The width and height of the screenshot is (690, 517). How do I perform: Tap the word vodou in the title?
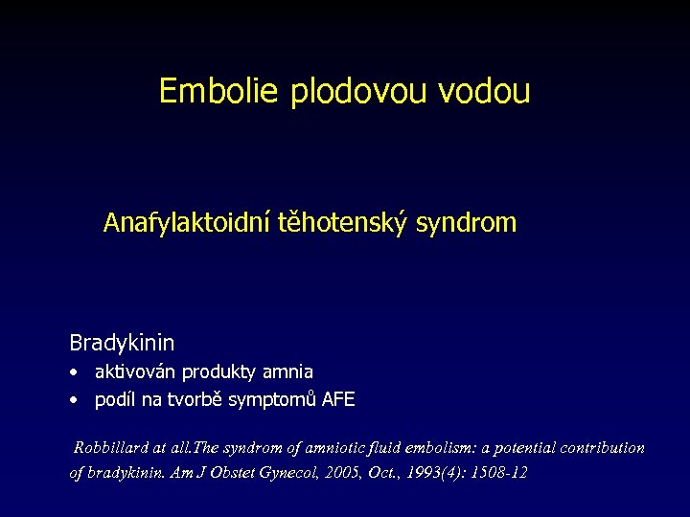(x=484, y=91)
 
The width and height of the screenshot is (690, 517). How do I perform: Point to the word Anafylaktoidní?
(x=187, y=224)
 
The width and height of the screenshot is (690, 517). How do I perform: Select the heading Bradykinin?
(x=122, y=342)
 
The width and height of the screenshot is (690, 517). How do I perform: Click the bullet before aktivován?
(x=74, y=372)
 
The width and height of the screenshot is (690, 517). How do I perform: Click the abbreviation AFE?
(x=338, y=400)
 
